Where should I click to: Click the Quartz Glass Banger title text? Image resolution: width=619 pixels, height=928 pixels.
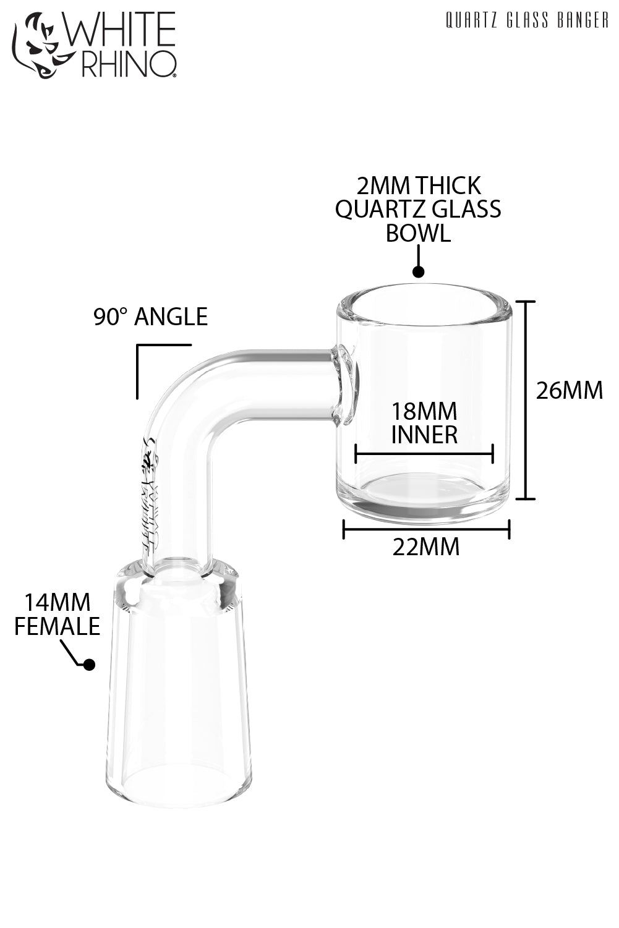527,21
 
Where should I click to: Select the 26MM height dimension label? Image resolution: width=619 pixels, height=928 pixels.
569,391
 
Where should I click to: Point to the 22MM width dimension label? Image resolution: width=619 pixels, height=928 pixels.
426,547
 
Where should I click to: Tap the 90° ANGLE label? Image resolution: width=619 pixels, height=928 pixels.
150,317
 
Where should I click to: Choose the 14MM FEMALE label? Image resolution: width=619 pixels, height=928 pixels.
57,614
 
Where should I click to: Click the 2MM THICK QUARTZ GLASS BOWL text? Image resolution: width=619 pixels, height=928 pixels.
418,209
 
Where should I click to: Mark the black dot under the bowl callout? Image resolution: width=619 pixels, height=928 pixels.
419,271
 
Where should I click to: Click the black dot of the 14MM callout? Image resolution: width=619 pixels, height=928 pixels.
88,665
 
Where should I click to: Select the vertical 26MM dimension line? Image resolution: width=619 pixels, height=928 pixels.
526,400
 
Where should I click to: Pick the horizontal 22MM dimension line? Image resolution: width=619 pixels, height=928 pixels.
426,529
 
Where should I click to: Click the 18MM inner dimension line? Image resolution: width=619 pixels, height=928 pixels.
424,454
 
